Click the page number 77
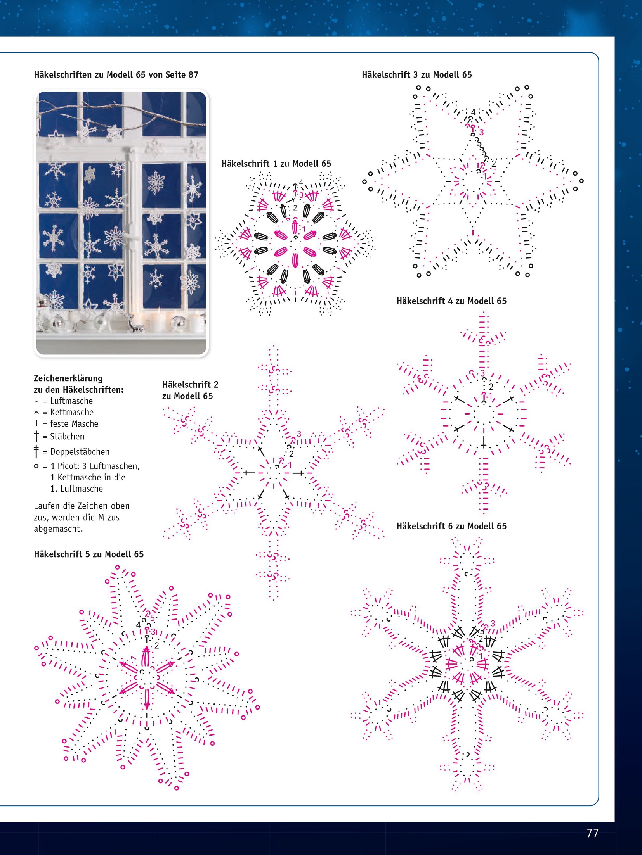pos(592,833)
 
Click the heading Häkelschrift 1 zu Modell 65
pos(276,164)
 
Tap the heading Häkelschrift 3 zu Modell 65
pos(417,74)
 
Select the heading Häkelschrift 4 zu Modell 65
pos(451,301)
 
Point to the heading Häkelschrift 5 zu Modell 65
pos(88,554)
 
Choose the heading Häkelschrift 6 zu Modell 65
pos(451,526)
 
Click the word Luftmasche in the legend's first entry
pos(71,401)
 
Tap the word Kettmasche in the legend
pos(72,412)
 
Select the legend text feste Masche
pos(74,423)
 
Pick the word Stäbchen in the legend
pos(67,437)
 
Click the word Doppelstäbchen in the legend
pos(80,452)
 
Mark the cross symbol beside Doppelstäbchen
pos(36,451)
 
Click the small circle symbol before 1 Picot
pos(36,466)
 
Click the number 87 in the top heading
pos(193,74)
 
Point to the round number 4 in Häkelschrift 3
pos(473,112)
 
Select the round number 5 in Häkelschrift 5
pos(152,618)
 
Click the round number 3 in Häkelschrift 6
pos(493,624)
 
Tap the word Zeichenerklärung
pos(68,378)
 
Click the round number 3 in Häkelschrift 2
pos(299,434)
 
